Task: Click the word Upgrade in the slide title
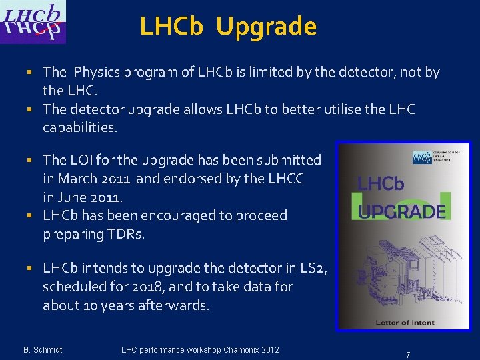(266, 27)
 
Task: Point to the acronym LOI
(81, 160)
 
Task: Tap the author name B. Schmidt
(43, 350)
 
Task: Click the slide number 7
(408, 355)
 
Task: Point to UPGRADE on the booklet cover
(402, 212)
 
